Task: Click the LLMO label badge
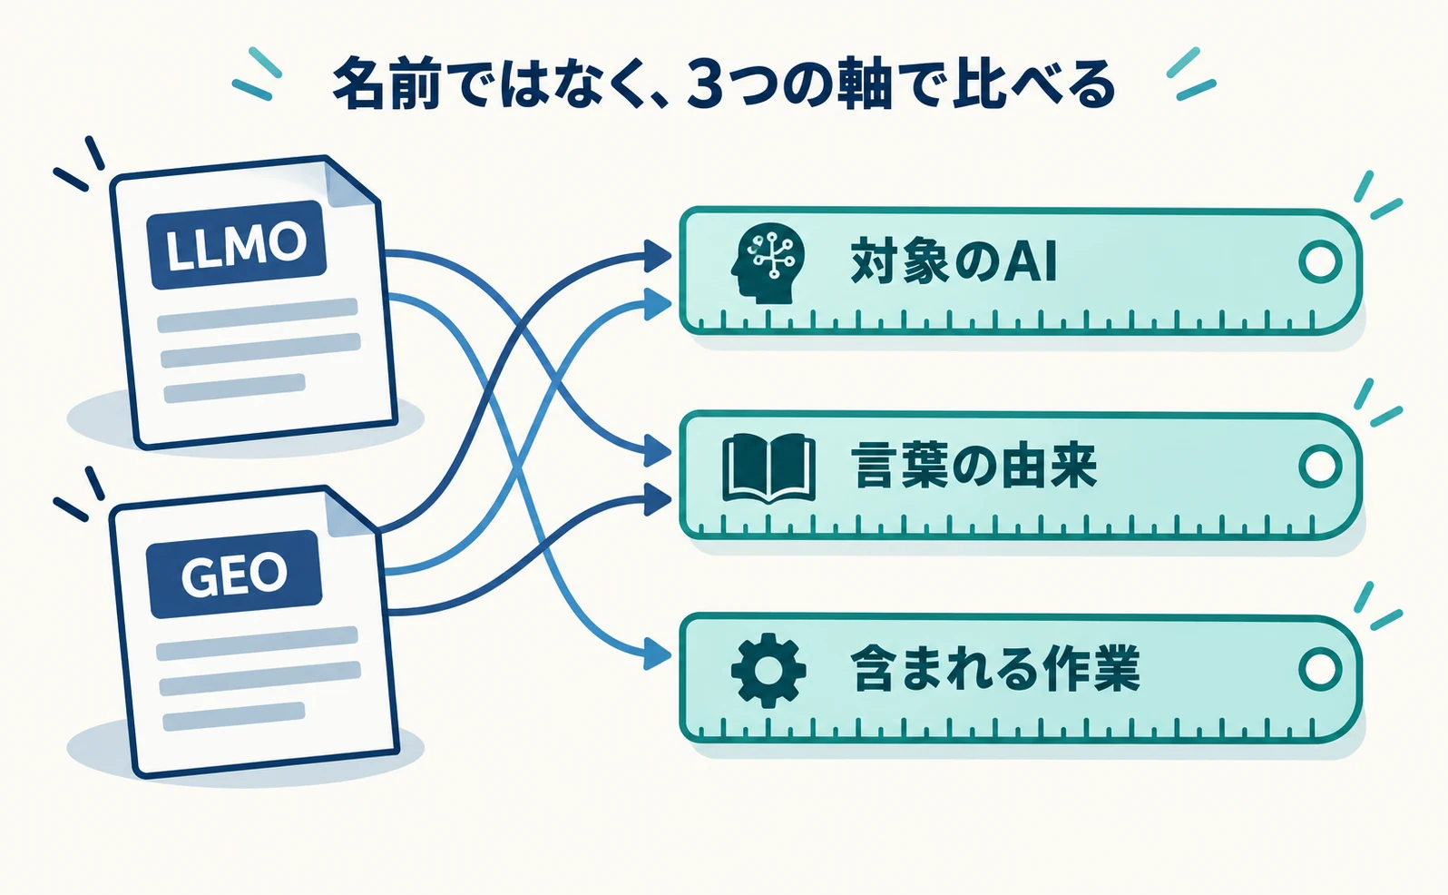(x=237, y=244)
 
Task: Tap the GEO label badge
(x=235, y=575)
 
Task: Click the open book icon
(x=768, y=469)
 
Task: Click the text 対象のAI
(x=954, y=262)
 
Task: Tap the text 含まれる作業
(x=995, y=669)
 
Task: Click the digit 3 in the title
(x=704, y=84)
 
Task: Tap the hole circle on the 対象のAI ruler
(x=1320, y=262)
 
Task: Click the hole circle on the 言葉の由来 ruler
(x=1320, y=467)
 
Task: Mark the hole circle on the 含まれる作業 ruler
(x=1320, y=669)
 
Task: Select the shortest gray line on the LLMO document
(x=234, y=388)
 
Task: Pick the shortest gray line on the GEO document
(x=233, y=716)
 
